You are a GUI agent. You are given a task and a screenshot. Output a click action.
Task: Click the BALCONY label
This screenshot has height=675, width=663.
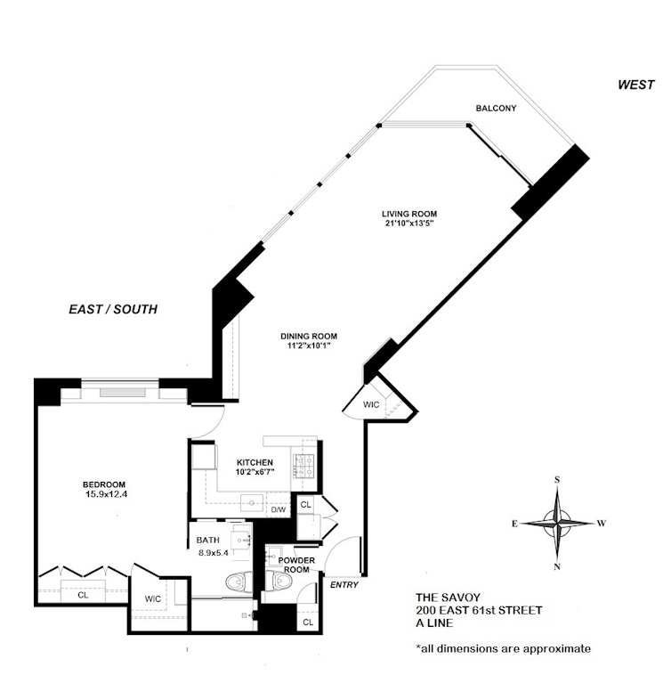(x=496, y=108)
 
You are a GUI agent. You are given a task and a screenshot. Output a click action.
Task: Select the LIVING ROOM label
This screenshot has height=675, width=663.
(x=409, y=214)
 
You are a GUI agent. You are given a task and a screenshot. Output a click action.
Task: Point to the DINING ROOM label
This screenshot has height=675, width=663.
(x=309, y=336)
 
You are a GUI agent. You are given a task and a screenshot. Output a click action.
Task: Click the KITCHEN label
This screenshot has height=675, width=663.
(x=254, y=462)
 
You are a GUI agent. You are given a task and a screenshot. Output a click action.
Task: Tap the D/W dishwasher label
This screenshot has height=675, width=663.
(x=278, y=509)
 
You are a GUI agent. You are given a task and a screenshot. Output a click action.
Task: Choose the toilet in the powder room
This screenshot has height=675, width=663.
(x=278, y=583)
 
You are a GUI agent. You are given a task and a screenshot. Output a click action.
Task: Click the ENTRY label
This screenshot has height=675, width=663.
(x=343, y=585)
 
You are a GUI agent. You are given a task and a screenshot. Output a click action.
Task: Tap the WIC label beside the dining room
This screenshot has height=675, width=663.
(x=370, y=404)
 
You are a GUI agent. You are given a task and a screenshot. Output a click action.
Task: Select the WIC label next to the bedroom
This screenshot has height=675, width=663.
(x=152, y=599)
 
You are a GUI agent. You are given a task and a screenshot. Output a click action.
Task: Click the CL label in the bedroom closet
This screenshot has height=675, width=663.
(x=82, y=594)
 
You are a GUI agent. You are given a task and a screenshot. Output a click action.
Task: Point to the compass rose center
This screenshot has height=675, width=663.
(x=558, y=523)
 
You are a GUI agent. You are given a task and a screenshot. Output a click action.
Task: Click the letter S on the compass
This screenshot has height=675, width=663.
(x=557, y=480)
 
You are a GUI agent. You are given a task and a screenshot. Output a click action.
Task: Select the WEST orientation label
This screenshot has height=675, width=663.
(x=638, y=85)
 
